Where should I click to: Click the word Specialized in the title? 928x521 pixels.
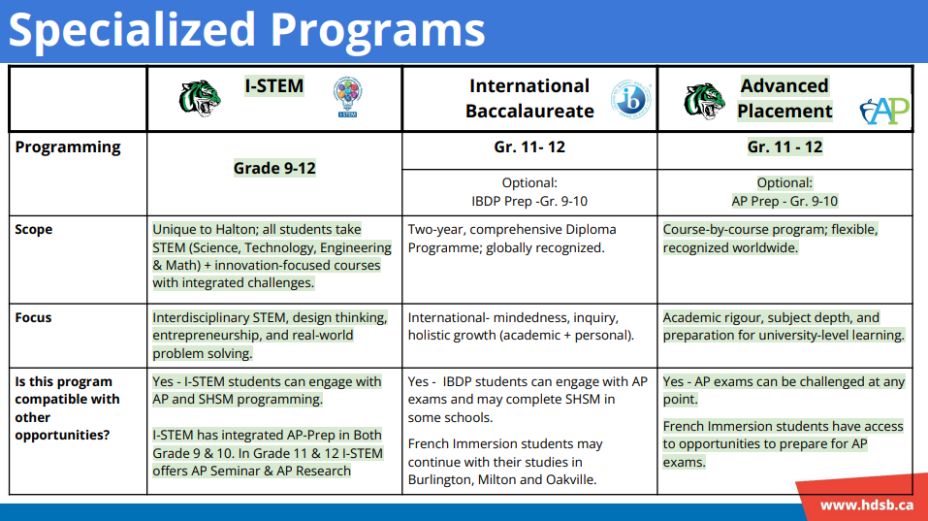[x=131, y=30]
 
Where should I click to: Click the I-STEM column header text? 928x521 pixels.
[x=274, y=85]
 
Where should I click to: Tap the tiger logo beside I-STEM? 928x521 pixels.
[x=200, y=98]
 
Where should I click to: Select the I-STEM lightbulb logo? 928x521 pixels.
[x=347, y=97]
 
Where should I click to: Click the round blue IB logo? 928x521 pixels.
[x=631, y=100]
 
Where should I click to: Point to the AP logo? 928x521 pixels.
[x=884, y=111]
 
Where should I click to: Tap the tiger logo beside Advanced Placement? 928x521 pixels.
[x=704, y=101]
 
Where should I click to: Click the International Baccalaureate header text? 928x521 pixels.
[x=529, y=98]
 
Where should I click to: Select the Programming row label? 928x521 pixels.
[x=68, y=147]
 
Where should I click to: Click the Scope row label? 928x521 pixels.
[x=34, y=229]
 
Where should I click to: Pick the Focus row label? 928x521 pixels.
[x=33, y=317]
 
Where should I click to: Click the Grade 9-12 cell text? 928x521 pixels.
[x=274, y=168]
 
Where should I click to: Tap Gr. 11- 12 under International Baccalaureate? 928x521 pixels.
[x=529, y=147]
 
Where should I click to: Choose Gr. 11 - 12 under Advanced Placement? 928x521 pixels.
[x=784, y=147]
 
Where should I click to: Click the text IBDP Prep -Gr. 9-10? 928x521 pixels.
[x=529, y=201]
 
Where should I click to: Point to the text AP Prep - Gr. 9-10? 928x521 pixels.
[x=784, y=201]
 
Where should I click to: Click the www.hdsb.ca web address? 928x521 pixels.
[x=867, y=505]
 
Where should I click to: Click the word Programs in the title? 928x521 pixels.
[x=378, y=30]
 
